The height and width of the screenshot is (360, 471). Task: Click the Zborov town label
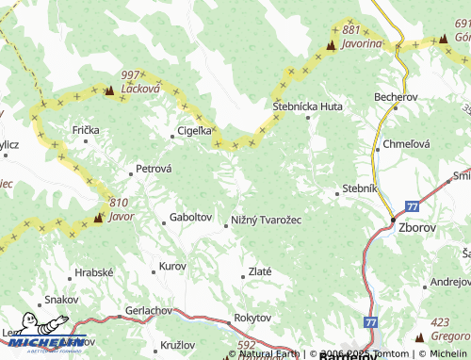416,228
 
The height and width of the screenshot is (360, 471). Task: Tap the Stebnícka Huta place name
307,107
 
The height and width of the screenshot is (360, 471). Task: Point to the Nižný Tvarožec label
267,221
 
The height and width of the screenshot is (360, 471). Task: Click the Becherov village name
395,97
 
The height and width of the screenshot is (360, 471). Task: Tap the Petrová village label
154,169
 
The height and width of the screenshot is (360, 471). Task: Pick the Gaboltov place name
190,217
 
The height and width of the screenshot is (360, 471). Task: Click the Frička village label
86,128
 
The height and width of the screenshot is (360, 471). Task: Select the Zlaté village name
259,271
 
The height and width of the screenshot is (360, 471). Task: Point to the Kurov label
172,267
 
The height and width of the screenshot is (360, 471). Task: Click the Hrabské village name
93,271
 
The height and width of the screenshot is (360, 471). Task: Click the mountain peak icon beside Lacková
109,91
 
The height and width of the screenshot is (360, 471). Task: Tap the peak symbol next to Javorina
332,44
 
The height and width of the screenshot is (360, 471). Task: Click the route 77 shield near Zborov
413,206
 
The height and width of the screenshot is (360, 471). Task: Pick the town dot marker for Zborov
393,221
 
